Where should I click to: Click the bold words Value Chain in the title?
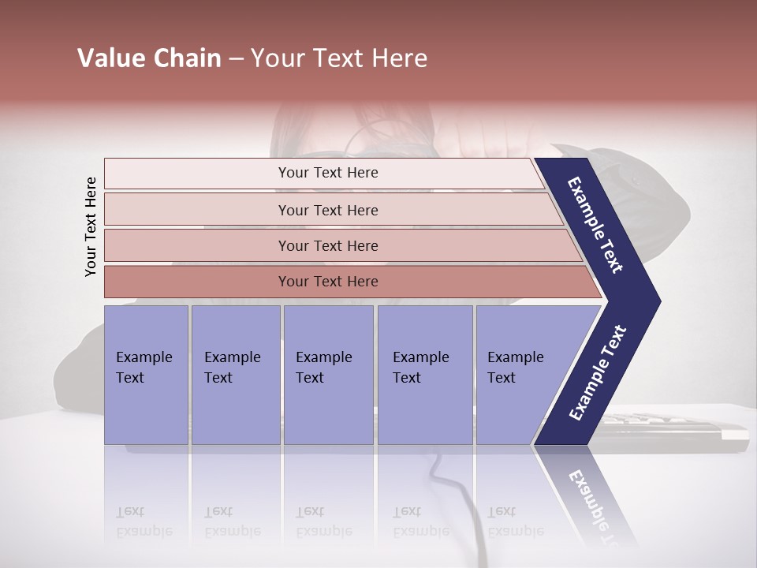tap(149, 58)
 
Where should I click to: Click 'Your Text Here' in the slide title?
tap(339, 58)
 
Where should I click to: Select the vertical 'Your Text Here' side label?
tap(91, 226)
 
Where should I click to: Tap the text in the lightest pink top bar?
tap(328, 173)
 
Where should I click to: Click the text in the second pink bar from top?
tap(328, 210)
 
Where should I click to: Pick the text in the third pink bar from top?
tap(328, 245)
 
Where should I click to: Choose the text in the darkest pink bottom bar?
tap(328, 281)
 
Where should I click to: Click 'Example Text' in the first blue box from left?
tap(144, 367)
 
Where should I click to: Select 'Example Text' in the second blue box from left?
tap(232, 367)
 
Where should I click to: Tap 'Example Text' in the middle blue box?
tap(323, 367)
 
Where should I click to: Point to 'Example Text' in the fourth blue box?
tap(420, 367)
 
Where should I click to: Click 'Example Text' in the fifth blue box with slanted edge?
tap(515, 367)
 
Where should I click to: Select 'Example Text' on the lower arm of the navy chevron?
tap(598, 373)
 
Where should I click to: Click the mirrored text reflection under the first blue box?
tap(144, 521)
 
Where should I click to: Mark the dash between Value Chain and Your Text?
tap(236, 59)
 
